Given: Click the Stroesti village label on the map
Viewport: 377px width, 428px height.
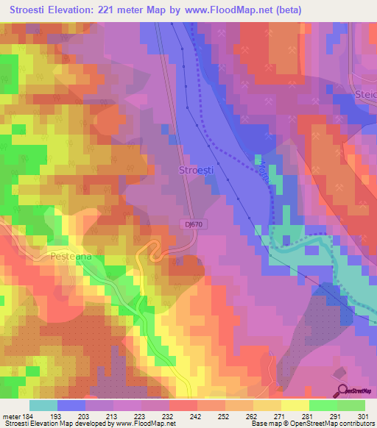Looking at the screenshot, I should pos(197,170).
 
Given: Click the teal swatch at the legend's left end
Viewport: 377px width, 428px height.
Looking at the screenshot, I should pos(43,405).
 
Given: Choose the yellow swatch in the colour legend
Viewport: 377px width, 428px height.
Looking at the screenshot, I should pos(295,405).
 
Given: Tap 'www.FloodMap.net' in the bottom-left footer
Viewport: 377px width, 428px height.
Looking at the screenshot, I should pos(144,424).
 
